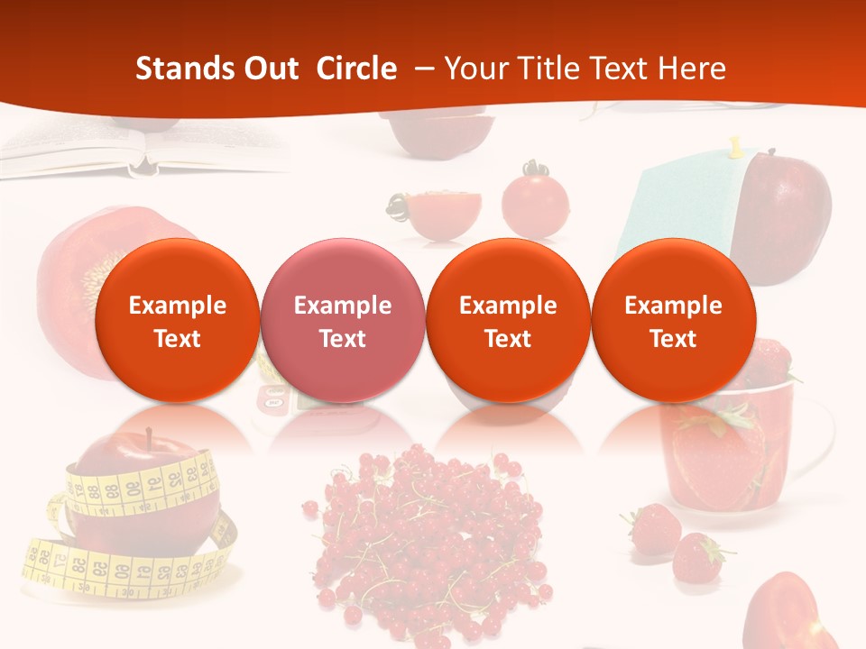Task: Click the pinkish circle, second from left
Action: (342, 320)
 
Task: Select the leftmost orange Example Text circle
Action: (177, 320)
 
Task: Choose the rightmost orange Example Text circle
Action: (673, 320)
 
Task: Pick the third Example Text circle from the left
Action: (508, 320)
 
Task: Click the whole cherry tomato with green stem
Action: (534, 203)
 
